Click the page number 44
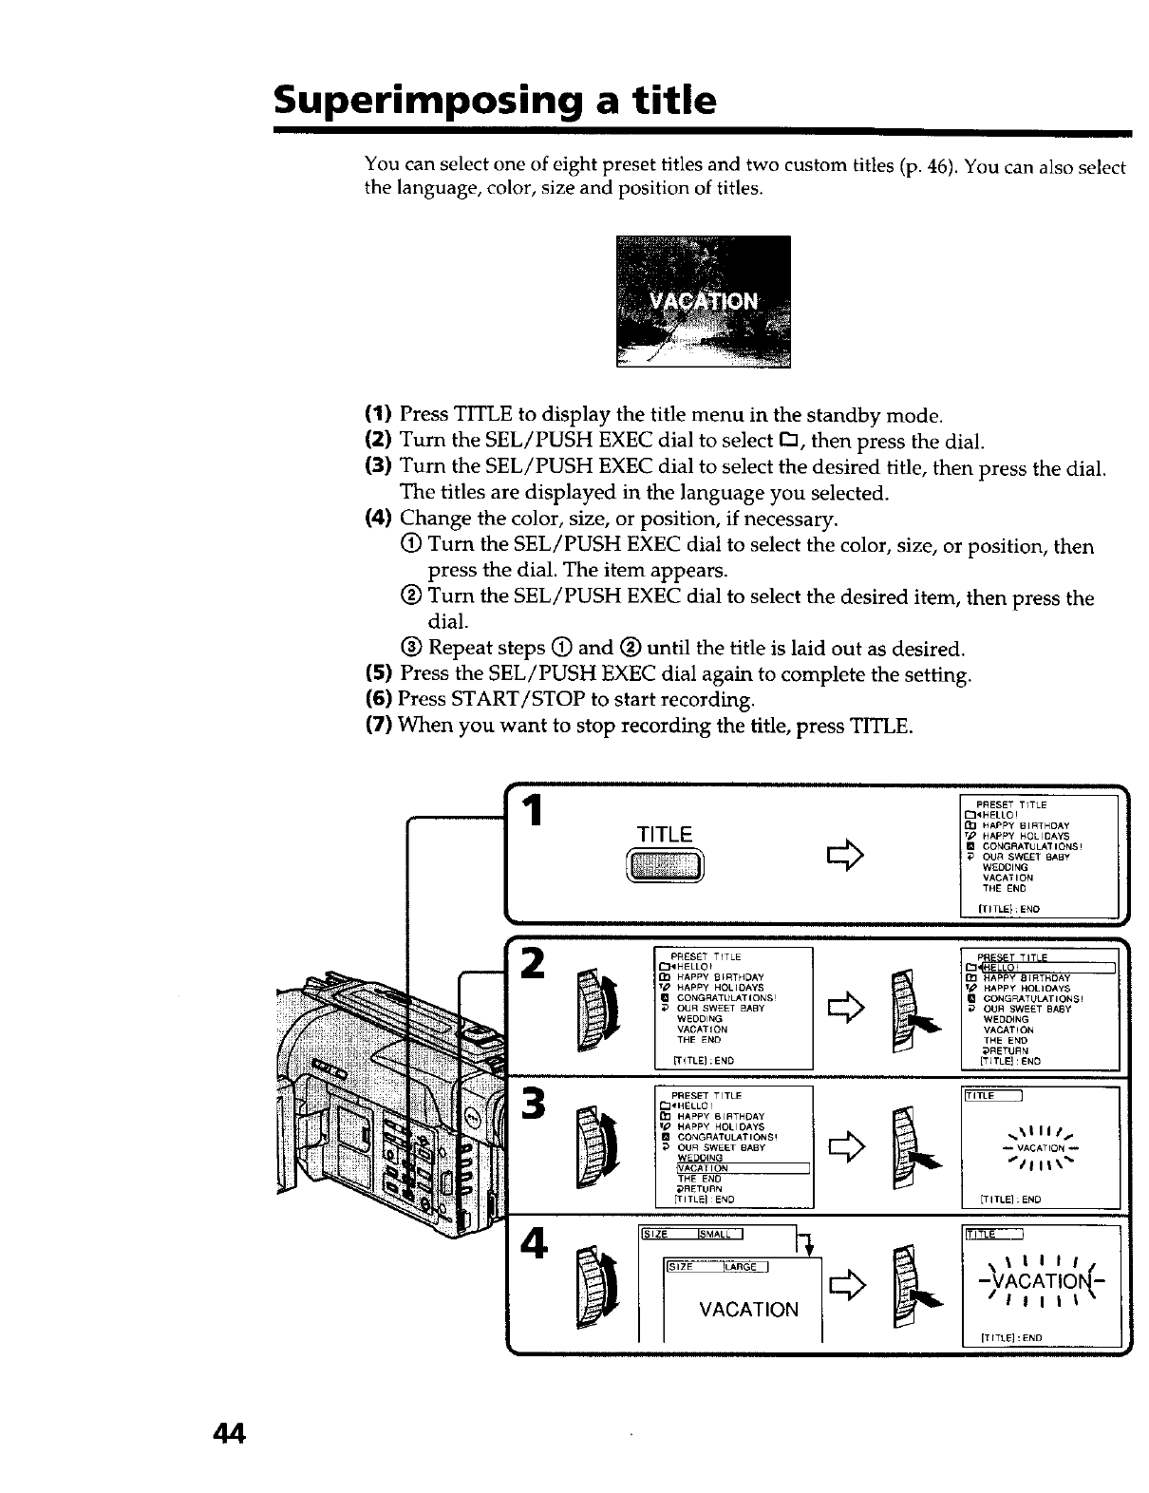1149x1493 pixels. pos(229,1433)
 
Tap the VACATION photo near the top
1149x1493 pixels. pos(703,301)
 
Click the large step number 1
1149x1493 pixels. pos(536,812)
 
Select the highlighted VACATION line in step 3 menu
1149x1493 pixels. pos(741,1167)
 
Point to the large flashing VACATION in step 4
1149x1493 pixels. pos(1043,1285)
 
